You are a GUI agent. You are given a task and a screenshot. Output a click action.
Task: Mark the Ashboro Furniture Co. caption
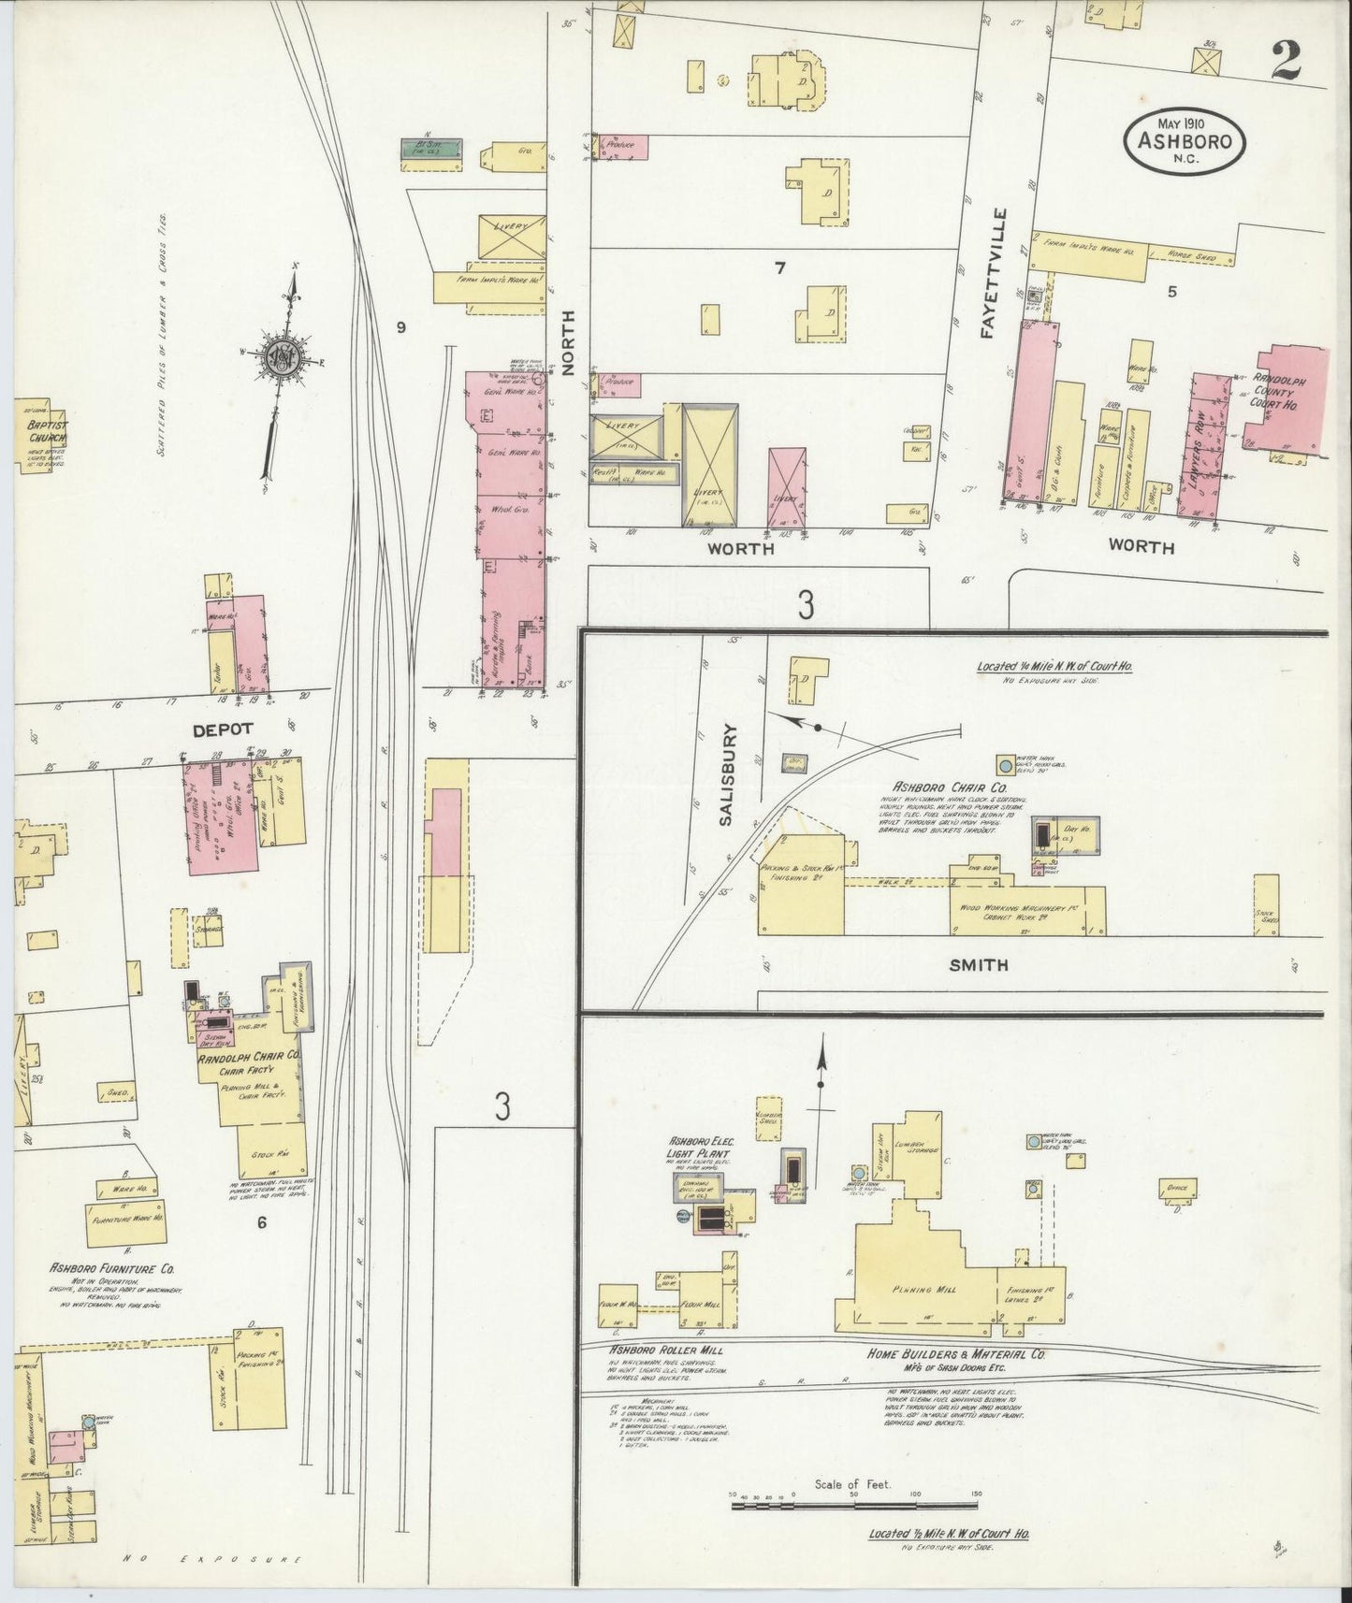(113, 1269)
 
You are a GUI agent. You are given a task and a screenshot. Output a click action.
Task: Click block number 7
(779, 268)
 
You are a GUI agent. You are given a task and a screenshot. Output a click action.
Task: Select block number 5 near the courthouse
(1171, 291)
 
